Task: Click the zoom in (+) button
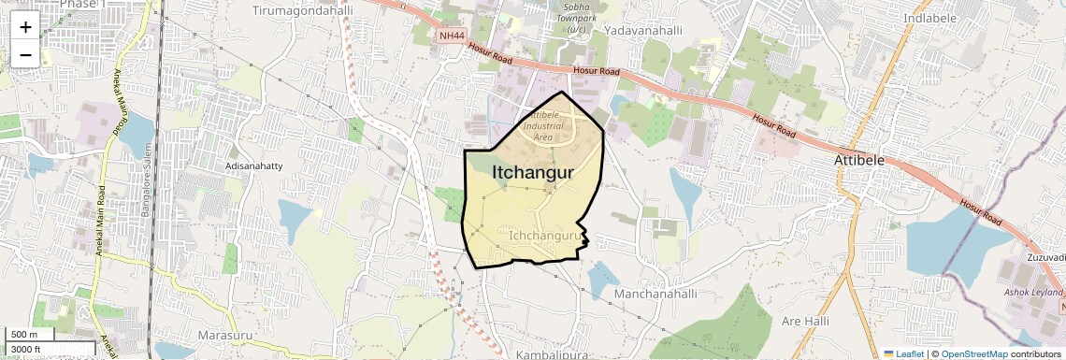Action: pos(25,26)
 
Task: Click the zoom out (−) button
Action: pos(25,55)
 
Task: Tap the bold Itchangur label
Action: pos(532,172)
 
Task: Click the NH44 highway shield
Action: pos(452,36)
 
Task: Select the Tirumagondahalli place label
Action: pos(302,9)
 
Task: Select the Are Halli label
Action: pos(805,321)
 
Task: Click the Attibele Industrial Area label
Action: pos(543,125)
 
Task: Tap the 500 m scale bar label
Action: pos(24,335)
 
